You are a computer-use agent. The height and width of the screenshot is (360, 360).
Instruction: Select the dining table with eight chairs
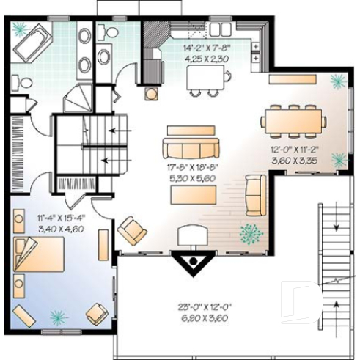coord(293,120)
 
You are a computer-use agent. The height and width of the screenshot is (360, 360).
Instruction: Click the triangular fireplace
coord(192,260)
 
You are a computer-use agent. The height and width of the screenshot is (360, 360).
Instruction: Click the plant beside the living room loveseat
coord(251,234)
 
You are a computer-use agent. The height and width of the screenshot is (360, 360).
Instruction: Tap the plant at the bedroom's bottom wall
coord(57,317)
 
